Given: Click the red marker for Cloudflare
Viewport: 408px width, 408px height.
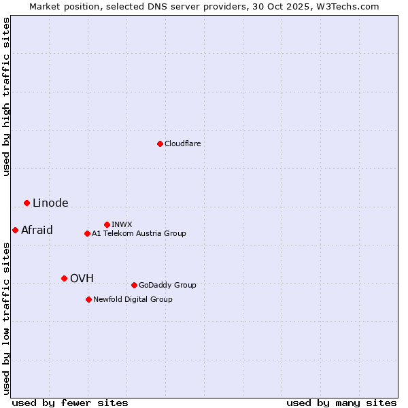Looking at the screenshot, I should point(160,143).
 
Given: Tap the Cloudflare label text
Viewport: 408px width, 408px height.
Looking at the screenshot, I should point(182,143).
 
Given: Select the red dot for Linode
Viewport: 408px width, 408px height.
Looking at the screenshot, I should point(27,203).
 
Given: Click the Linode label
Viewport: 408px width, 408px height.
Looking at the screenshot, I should point(50,203).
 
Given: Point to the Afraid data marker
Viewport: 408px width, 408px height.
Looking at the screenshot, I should point(15,230).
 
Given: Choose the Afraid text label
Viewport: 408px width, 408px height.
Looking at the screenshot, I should point(37,231).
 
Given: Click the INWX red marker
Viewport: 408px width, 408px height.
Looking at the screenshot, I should point(107,224).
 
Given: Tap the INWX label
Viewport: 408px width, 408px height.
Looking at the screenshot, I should point(122,224).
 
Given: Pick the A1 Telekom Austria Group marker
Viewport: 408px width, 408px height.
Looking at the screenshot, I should point(87,233).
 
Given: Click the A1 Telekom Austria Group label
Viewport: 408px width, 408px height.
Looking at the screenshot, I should point(139,233).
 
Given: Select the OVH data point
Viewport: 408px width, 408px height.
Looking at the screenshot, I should point(64,278).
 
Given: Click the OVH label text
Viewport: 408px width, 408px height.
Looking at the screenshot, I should point(82,278).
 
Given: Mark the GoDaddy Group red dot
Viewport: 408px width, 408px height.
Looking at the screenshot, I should point(134,285).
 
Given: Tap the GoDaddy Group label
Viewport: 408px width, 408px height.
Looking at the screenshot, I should point(167,285).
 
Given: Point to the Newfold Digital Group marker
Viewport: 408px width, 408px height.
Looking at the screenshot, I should point(88,299).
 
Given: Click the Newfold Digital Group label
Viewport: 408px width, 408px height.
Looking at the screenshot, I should point(133,299).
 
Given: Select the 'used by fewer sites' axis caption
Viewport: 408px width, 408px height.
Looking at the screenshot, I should point(70,403).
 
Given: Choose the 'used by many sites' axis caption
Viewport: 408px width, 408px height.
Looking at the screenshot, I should point(341,403).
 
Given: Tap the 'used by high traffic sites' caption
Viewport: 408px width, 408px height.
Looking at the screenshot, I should point(7,97).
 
